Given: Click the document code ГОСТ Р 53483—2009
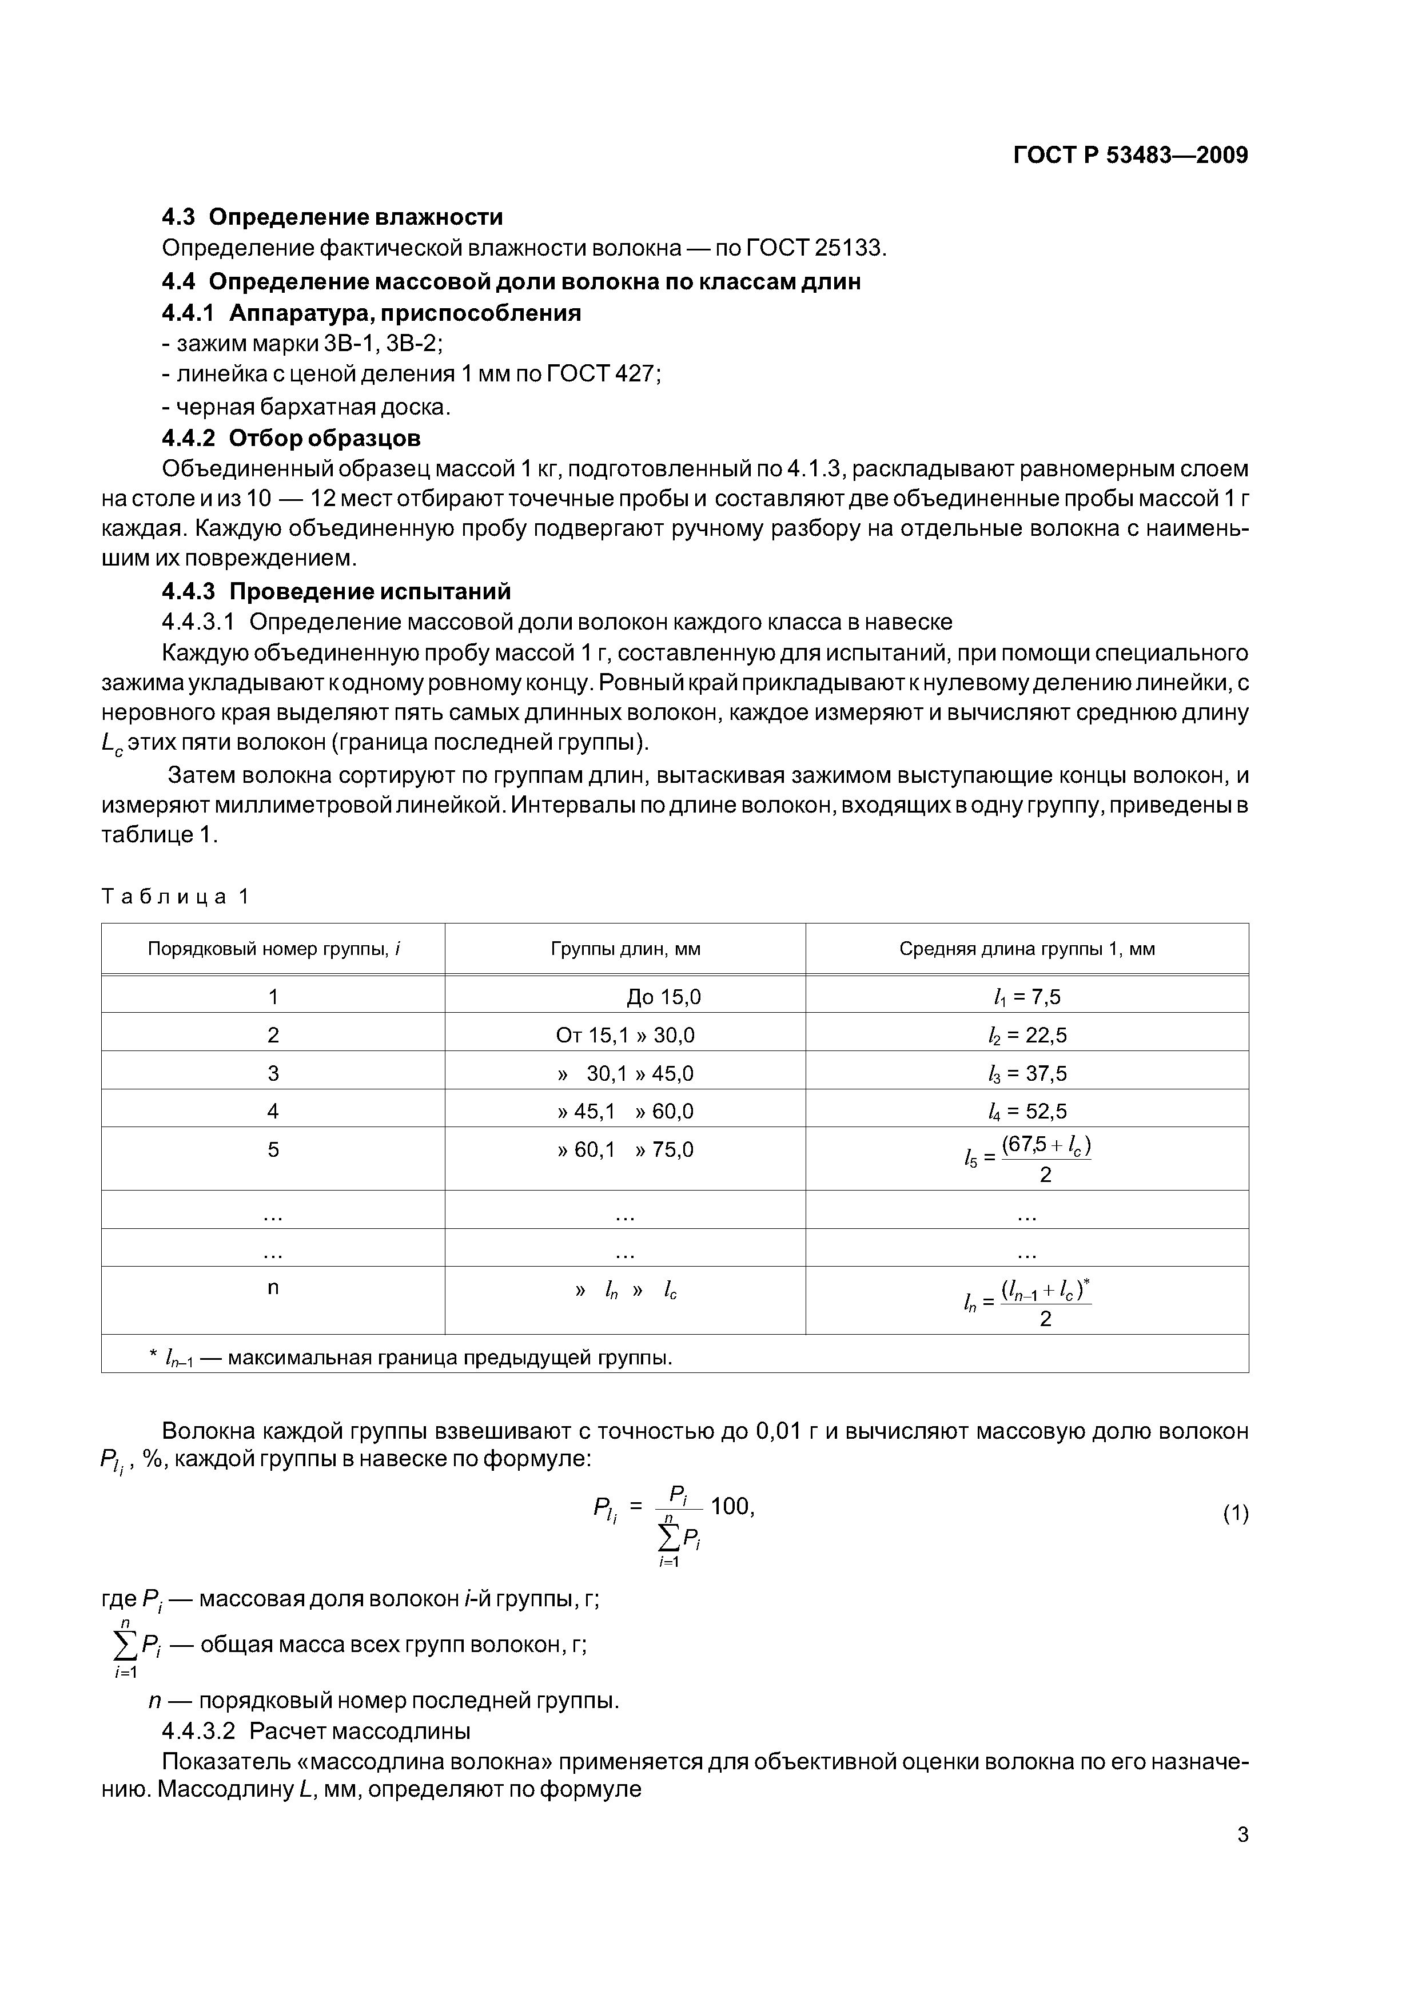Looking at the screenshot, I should coord(1130,156).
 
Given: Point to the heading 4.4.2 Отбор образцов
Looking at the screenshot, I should coord(291,437).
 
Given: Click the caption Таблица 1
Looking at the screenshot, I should coord(176,897).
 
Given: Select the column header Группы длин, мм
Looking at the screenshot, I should coord(625,949).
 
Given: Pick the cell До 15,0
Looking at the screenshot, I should coord(663,997).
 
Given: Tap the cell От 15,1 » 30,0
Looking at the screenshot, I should coord(625,1036).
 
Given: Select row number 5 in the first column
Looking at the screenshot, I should coord(273,1150).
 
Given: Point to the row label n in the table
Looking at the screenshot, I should coord(273,1288).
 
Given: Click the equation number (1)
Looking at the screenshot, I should coord(1234,1513).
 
